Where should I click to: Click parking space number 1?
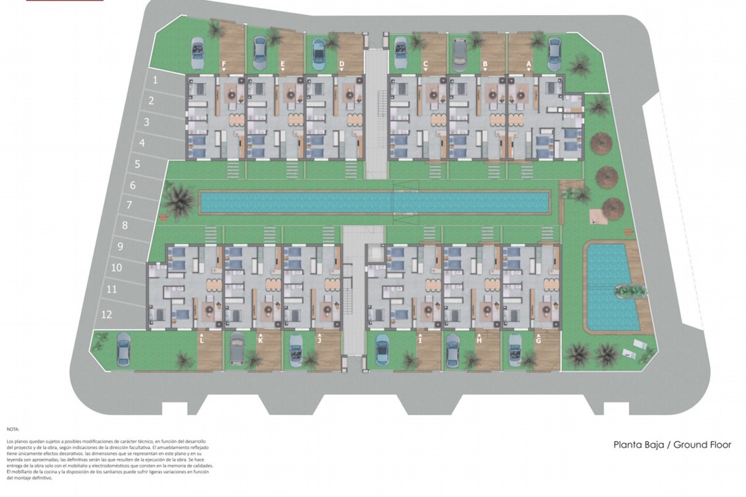155,80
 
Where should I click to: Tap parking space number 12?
106,314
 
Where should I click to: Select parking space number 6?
133,186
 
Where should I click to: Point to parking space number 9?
120,246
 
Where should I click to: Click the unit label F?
224,64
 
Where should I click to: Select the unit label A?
528,64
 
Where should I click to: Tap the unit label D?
342,64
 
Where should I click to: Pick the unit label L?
202,341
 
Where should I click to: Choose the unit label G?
538,341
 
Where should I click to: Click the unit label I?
420,341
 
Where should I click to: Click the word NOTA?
13,429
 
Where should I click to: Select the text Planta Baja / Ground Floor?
672,445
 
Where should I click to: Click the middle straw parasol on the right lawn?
607,176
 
